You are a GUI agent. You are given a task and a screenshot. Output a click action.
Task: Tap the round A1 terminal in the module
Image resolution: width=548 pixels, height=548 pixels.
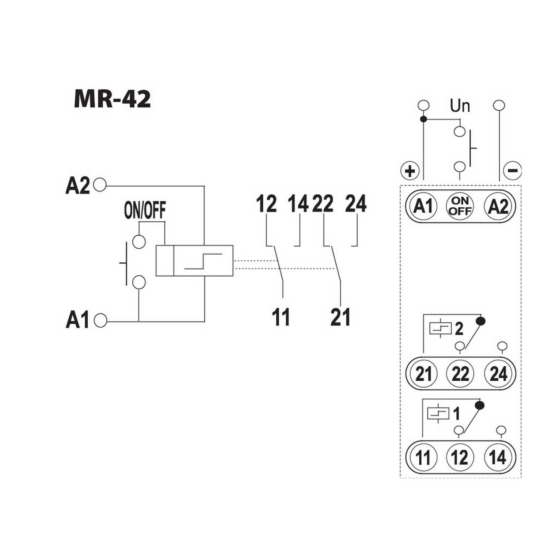click(423, 206)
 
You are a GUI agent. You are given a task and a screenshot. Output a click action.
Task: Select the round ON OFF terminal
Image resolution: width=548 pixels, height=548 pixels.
click(460, 206)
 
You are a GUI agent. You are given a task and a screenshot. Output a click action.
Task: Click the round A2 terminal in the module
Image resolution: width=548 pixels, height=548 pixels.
click(498, 206)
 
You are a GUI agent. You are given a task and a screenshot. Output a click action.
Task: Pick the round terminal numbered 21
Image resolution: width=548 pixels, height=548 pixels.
click(423, 374)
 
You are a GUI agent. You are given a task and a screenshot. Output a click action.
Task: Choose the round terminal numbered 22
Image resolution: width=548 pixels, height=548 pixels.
click(460, 374)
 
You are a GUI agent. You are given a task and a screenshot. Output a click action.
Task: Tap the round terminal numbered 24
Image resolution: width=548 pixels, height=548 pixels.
click(498, 374)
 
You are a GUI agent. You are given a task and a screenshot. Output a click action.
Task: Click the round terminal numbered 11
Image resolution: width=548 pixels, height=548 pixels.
click(423, 457)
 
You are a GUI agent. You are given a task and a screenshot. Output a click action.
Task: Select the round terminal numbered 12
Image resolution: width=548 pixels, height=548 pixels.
click(460, 457)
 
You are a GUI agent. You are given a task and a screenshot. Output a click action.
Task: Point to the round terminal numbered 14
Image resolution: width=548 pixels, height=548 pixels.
click(498, 457)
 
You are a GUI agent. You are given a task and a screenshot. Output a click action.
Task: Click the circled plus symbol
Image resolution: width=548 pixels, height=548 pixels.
click(410, 171)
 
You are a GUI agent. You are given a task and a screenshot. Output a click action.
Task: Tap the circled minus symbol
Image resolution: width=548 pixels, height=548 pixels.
click(513, 170)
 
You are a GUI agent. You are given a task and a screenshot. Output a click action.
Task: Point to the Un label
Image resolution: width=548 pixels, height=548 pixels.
click(460, 106)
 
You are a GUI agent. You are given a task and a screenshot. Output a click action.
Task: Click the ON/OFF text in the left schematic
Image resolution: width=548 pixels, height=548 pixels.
click(145, 210)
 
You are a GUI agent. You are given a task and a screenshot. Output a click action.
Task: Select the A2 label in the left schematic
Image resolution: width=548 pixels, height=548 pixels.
click(77, 186)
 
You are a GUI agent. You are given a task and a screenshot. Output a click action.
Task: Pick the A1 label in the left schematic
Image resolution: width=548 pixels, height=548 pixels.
click(77, 320)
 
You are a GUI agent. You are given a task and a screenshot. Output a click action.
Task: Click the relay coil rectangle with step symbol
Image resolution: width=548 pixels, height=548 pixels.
click(194, 260)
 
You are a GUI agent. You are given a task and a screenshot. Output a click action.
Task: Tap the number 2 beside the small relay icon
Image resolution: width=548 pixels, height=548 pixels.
click(459, 329)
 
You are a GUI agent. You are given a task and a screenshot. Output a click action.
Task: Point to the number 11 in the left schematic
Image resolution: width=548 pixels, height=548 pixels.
click(281, 317)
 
